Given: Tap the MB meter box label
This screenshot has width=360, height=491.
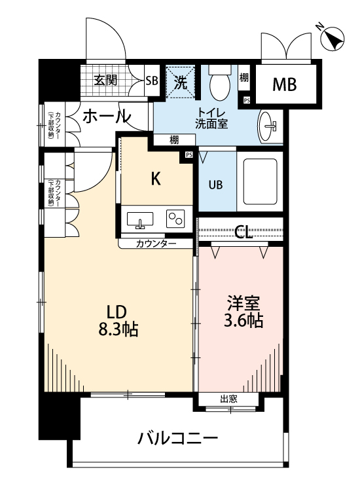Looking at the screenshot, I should tap(284, 84).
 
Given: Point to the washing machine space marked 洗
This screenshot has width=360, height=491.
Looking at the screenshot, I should tap(180, 82).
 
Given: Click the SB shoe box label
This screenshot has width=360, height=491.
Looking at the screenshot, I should tap(151, 82).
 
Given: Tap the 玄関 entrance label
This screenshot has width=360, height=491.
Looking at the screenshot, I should tap(105, 82).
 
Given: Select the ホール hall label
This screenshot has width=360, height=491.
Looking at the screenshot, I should tap(106, 117).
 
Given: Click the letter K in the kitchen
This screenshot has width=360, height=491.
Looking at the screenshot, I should tap(156, 179).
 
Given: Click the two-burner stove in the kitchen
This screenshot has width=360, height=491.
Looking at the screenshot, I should tap(176, 219).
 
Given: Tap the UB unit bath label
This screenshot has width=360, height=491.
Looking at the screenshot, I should tap(215, 185).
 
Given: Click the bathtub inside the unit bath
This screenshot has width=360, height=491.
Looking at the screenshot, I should tap(260, 181).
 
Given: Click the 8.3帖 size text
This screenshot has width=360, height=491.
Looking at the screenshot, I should tap(118, 330).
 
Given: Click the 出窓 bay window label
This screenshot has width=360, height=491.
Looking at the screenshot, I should tap(228, 399).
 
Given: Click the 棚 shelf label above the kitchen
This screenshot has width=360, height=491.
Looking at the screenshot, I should tap(173, 139).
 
